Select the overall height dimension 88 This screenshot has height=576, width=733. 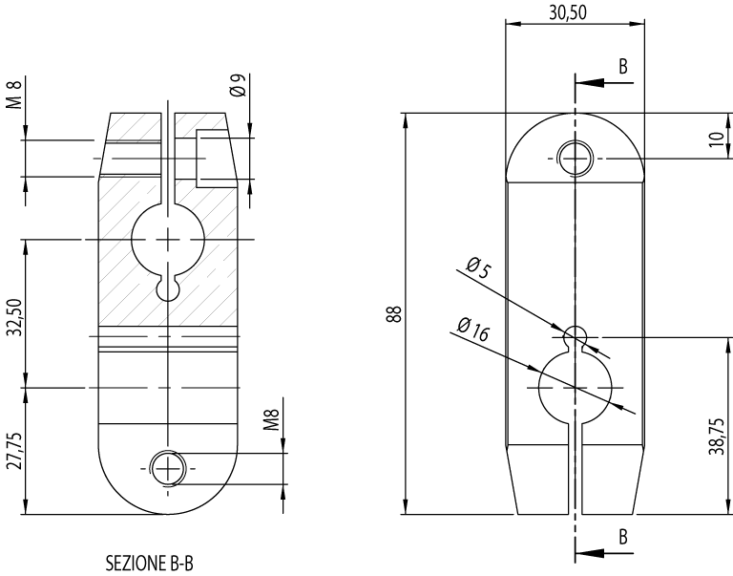point(392,314)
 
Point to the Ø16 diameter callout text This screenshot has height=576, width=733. point(473,331)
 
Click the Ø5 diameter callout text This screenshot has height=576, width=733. point(478,269)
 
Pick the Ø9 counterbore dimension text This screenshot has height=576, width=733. point(239,87)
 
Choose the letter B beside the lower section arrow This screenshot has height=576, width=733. point(623,536)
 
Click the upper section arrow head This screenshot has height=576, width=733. point(584,82)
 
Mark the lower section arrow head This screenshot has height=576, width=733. point(584,552)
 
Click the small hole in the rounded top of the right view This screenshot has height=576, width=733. point(575,158)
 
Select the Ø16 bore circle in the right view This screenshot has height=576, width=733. point(575,388)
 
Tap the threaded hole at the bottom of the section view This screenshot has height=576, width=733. point(168,468)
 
